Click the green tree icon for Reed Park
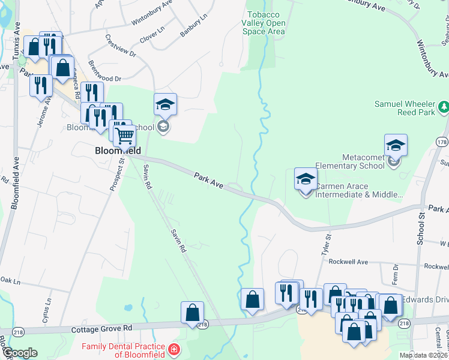point(443,107)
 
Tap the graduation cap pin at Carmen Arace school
point(306,179)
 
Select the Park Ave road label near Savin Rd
point(208,181)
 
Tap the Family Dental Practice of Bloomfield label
point(124,350)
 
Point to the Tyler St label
point(327,247)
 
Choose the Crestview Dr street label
point(121,45)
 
